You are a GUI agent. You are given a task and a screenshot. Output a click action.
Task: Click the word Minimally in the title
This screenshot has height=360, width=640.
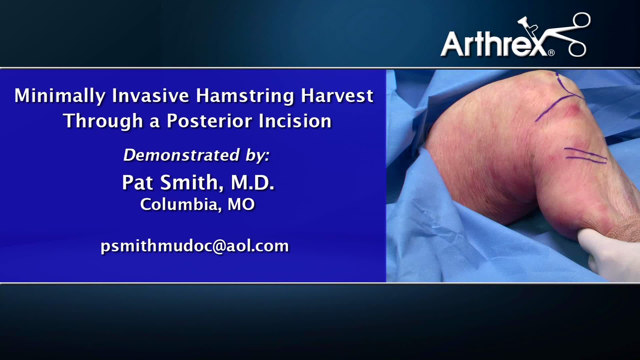coord(60,96)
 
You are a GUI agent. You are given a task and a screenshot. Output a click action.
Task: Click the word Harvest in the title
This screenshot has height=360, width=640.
coord(337,96)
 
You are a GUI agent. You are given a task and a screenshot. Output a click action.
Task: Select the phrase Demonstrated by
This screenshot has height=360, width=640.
coord(196,155)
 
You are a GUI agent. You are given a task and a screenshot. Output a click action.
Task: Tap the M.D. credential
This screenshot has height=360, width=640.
coord(253,183)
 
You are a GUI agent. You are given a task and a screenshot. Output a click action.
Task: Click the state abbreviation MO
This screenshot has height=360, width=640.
coord(241,204)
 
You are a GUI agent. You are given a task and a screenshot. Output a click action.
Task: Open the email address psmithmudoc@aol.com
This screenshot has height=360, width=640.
coord(195,246)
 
